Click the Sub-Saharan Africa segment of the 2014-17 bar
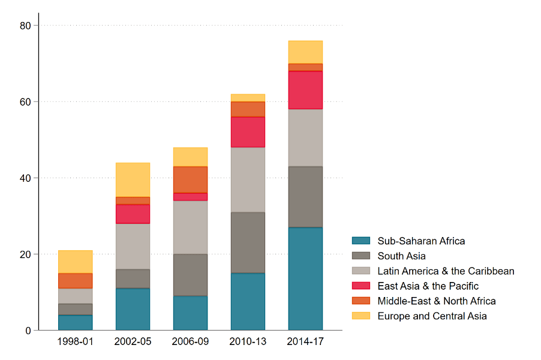[305, 278]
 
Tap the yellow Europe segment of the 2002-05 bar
[133, 179]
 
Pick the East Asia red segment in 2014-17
[305, 90]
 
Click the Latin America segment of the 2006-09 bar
[190, 227]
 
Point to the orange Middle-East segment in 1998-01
[75, 281]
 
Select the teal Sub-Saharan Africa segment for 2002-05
[133, 309]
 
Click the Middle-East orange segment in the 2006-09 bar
[190, 179]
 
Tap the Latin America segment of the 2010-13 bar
[248, 179]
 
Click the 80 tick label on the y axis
[26, 25]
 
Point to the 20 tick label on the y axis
[26, 254]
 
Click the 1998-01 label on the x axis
[75, 341]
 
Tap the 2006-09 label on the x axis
[190, 341]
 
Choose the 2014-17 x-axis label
[305, 341]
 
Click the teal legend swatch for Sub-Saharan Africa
[360, 241]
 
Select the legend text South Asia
[401, 256]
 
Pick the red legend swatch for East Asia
[360, 286]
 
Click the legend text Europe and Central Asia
[432, 316]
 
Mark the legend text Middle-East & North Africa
[436, 301]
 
